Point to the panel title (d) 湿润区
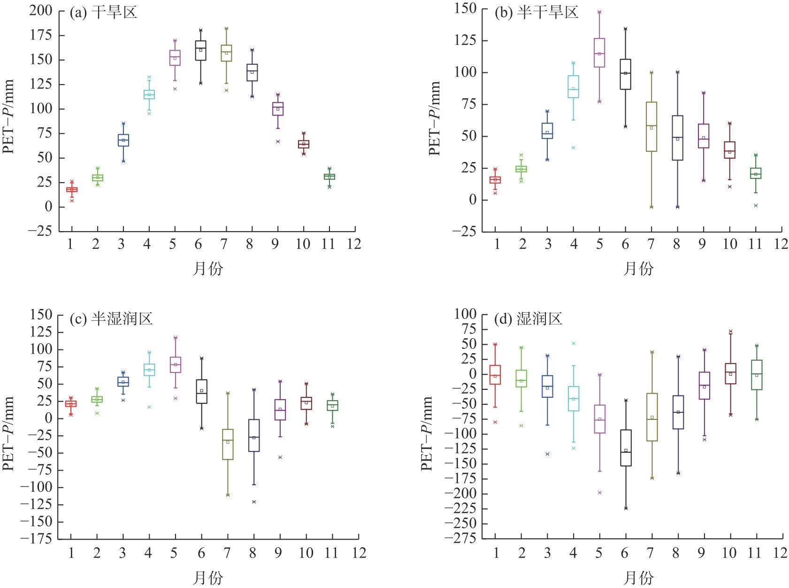529,320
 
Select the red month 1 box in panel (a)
72,190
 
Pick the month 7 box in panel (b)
651,127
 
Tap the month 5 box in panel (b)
599,53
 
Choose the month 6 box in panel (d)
626,448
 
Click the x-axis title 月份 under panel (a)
207,269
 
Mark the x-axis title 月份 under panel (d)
638,577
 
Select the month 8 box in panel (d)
678,412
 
